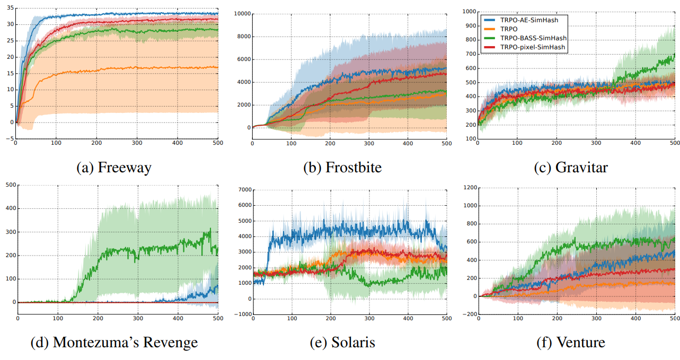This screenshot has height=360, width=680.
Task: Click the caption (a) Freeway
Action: coord(114,168)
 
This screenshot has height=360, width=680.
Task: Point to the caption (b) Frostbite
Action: coord(342,168)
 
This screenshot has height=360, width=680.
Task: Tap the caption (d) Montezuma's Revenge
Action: coord(114,343)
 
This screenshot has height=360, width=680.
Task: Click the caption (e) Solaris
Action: coord(342,343)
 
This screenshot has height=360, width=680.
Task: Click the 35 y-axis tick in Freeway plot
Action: coord(8,8)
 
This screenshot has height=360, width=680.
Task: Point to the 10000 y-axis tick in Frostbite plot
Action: coord(241,14)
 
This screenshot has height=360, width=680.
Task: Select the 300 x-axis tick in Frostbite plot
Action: coord(369,144)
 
